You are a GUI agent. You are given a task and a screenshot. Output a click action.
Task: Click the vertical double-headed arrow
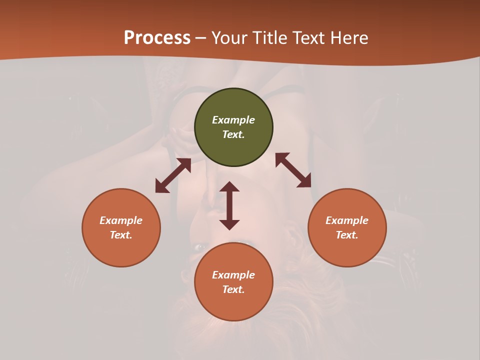coord(229,205)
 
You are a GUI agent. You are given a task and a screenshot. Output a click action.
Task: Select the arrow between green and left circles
coord(173,175)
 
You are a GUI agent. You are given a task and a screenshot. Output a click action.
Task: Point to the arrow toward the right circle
coord(293,170)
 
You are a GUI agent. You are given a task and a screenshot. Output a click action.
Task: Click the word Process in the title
coord(157,37)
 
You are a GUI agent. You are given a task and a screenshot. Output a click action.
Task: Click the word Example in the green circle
coord(233,120)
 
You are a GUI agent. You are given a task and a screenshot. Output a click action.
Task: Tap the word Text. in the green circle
coord(233,134)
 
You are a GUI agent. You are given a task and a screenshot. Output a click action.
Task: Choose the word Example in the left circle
coord(121,220)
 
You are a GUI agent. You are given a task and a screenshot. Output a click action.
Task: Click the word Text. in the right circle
coord(347,235)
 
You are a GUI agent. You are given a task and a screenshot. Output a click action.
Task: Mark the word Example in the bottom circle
coord(233,275)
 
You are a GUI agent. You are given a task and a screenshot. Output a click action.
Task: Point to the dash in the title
coord(201,38)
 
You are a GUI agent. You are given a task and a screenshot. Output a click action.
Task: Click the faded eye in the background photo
coord(201,247)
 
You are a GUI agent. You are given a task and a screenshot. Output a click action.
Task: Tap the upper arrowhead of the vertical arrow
coord(229,186)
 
